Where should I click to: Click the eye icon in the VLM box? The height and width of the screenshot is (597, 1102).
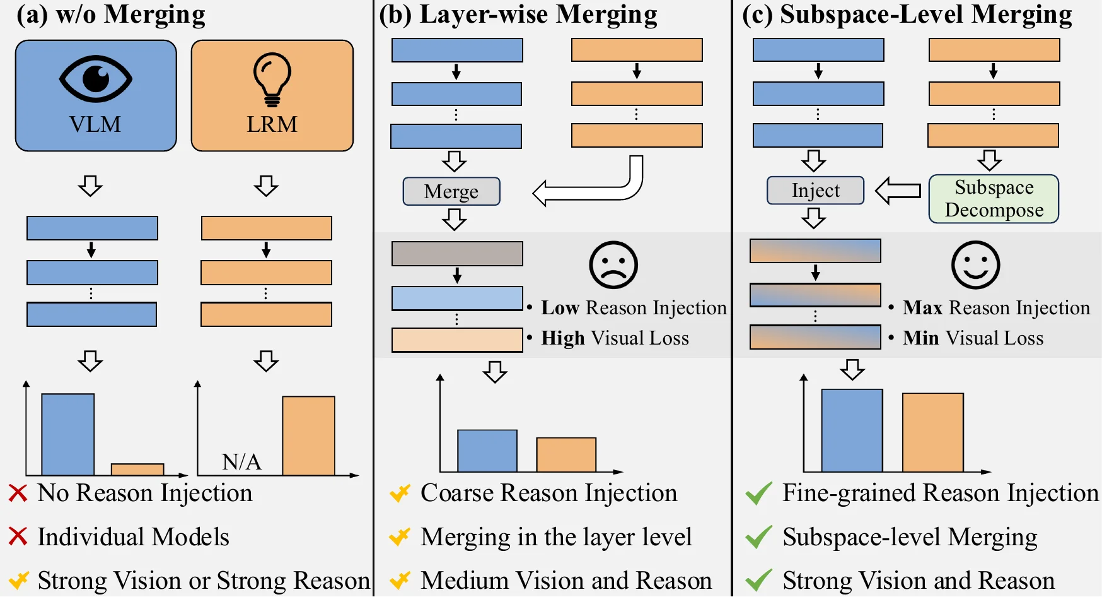pos(95,79)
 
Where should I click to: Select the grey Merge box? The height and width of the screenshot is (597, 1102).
pos(451,191)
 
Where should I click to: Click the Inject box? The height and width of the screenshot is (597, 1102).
pos(815,191)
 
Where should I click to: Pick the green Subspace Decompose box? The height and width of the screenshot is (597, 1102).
pos(994,199)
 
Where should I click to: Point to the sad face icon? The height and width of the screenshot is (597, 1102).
pos(613,265)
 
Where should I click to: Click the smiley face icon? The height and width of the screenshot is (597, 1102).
pos(975,265)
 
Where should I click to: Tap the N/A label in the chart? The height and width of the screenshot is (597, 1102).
pos(241,462)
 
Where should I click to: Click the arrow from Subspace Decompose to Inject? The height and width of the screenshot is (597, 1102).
pos(898,191)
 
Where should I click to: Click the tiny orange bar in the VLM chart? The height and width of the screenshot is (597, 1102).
pos(137,470)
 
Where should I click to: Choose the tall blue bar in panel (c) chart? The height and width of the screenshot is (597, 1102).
pos(852,430)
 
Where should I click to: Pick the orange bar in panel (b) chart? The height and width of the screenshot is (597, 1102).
pos(566,454)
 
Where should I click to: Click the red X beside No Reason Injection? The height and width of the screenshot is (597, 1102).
pos(18,493)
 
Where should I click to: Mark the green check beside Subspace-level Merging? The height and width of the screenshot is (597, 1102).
pos(758,537)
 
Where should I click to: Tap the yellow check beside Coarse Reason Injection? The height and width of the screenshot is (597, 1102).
pos(400,493)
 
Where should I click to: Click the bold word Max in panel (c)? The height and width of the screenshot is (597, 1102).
pos(922,308)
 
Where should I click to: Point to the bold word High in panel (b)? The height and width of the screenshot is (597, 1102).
pos(563,338)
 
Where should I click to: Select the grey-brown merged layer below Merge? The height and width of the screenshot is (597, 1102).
pos(457,254)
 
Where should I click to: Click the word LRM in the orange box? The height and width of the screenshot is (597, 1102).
pos(272,124)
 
